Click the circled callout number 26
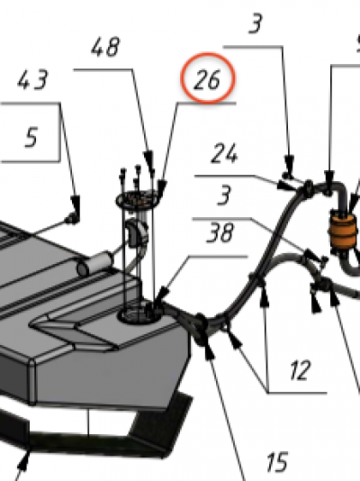point(207,80)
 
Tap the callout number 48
point(105,47)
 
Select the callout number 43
point(32,80)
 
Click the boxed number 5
point(31,137)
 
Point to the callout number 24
point(224,153)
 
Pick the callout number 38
point(220,232)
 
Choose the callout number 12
point(301,370)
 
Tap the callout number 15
point(277,462)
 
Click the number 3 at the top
point(256,23)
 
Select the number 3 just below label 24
point(224,195)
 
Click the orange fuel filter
point(342,231)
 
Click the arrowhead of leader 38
point(162,295)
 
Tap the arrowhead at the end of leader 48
point(148,159)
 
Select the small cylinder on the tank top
point(94,263)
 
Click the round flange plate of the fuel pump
point(139,199)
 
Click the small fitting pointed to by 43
point(72,218)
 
